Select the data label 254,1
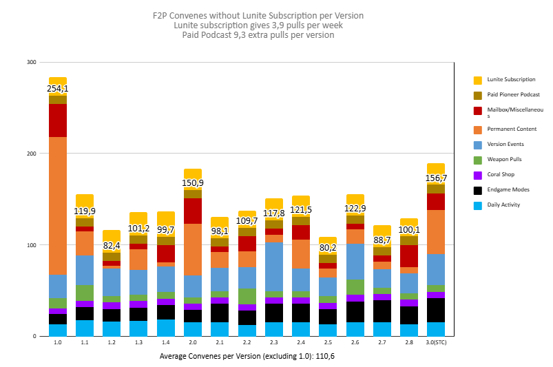(x=58, y=89)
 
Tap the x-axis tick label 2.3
(x=274, y=342)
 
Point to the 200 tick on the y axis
(x=31, y=154)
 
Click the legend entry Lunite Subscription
(x=510, y=80)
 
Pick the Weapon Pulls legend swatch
(x=478, y=159)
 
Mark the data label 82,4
(x=112, y=245)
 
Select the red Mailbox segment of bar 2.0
(x=193, y=211)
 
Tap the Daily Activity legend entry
(x=503, y=205)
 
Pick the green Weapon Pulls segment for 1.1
(x=85, y=293)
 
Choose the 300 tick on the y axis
(x=31, y=62)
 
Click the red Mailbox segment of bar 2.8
(x=409, y=255)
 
